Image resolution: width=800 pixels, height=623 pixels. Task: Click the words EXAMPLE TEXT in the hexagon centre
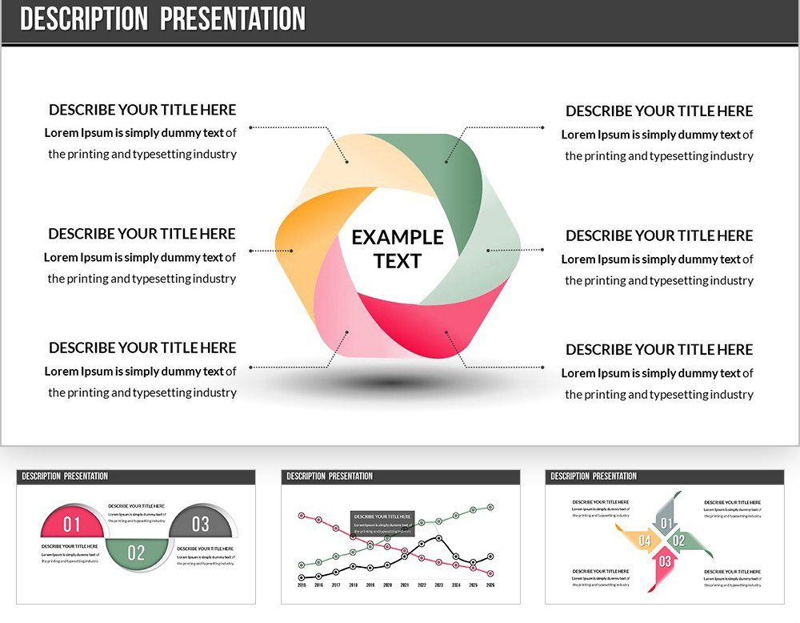click(x=397, y=249)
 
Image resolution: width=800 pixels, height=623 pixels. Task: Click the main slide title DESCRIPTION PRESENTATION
click(x=162, y=19)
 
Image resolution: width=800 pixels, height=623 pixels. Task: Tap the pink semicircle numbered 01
click(x=72, y=524)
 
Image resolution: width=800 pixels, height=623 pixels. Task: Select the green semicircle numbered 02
click(x=136, y=552)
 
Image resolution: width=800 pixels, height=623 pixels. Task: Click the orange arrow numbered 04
click(x=642, y=541)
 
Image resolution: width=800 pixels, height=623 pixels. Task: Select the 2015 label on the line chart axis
click(x=302, y=585)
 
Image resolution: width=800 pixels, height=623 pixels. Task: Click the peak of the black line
click(x=438, y=537)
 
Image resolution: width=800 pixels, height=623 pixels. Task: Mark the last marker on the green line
click(x=490, y=507)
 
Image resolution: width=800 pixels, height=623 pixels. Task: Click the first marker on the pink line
click(x=302, y=515)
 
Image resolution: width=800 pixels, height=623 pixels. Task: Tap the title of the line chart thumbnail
click(x=330, y=476)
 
